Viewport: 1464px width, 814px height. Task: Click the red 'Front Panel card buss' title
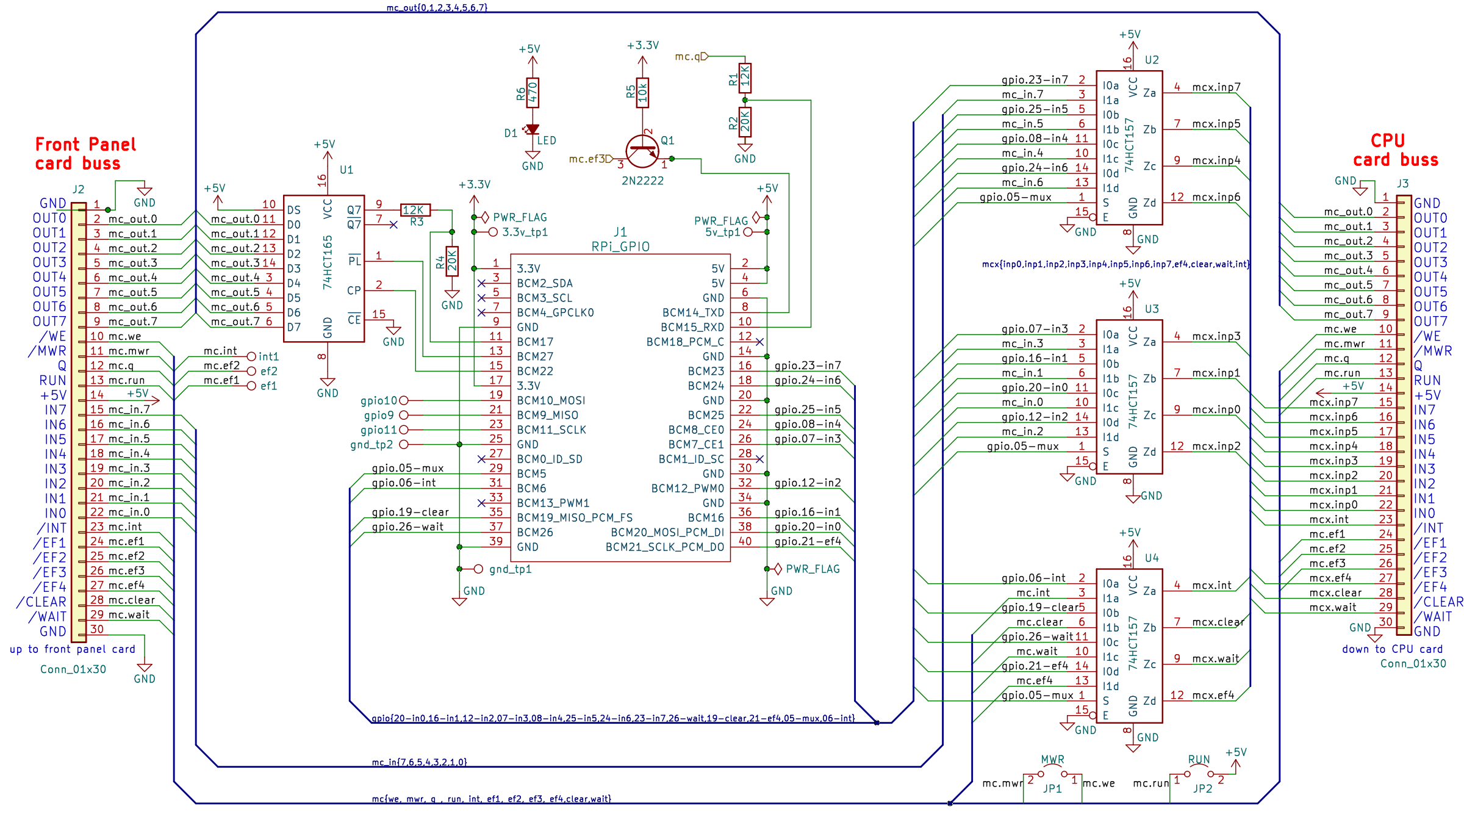[85, 154]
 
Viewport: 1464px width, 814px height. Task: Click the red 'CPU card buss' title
[1395, 150]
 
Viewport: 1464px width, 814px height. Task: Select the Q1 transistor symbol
[642, 151]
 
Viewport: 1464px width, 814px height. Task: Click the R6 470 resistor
[533, 93]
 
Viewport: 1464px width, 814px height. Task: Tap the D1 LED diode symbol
[533, 129]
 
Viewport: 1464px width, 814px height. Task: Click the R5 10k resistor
[642, 93]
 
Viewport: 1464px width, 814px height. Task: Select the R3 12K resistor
[415, 210]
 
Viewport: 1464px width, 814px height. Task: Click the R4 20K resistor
[452, 261]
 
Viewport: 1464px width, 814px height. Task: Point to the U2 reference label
[1151, 60]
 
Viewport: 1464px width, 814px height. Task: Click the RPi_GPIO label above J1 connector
[620, 247]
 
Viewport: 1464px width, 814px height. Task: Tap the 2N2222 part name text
[642, 181]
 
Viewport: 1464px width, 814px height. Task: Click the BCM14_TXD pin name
[693, 312]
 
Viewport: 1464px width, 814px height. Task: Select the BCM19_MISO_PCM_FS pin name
[575, 517]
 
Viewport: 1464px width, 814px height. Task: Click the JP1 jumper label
[1052, 788]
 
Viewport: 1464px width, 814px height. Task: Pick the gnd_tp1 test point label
[511, 569]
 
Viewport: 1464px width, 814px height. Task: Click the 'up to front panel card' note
[73, 649]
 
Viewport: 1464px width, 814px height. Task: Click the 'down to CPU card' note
[1392, 649]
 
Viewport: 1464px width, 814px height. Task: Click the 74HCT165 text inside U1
[328, 262]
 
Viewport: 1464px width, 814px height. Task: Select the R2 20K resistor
[745, 122]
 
